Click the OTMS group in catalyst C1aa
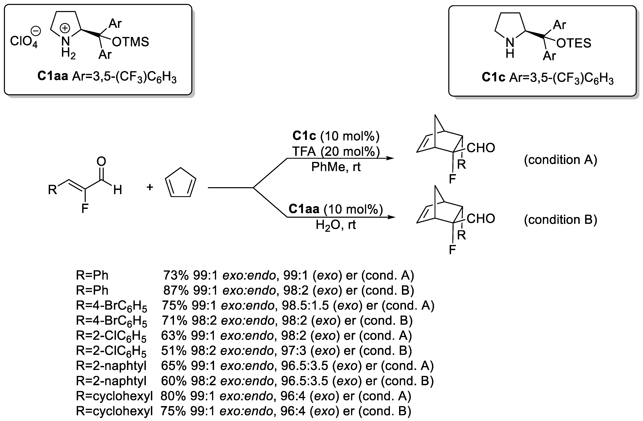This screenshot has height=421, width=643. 130,42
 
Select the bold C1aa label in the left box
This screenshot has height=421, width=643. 53,76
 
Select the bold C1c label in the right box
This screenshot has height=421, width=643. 493,77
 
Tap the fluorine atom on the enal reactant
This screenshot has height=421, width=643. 85,208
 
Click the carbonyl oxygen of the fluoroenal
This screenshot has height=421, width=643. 101,162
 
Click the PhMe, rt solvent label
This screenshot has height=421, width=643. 336,167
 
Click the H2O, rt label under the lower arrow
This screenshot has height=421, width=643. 336,224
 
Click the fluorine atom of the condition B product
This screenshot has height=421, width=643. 452,250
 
